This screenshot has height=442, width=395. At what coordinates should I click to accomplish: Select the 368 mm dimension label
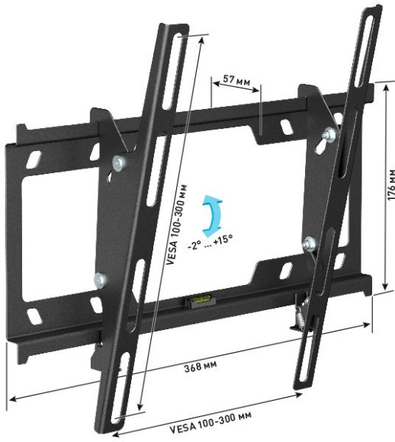click(201, 367)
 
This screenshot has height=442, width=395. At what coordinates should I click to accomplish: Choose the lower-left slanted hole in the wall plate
click(33, 313)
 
